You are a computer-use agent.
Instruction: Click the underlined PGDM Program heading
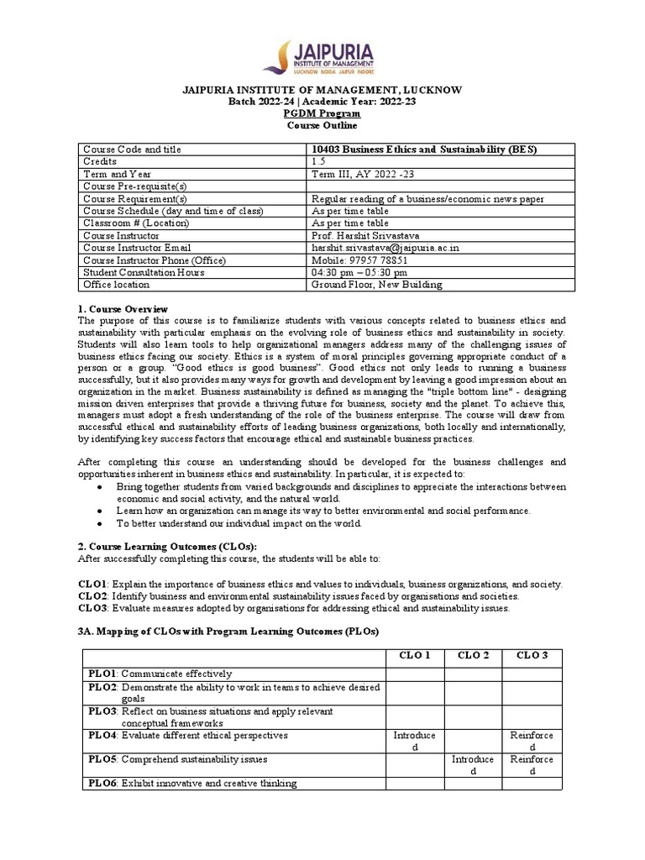tap(323, 113)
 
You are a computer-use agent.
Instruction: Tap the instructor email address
tap(373, 248)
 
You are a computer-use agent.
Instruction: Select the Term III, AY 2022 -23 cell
tap(363, 174)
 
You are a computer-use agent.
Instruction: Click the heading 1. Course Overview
tap(123, 309)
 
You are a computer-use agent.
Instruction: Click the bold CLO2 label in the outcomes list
tap(92, 595)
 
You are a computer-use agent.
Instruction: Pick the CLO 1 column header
tap(415, 655)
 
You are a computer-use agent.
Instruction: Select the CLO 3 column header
tap(532, 655)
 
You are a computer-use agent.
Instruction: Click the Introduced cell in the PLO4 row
tap(415, 742)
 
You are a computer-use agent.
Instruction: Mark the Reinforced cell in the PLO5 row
tap(532, 765)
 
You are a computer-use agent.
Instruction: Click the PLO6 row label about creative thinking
tap(192, 784)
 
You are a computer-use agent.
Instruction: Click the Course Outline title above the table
tap(323, 125)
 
